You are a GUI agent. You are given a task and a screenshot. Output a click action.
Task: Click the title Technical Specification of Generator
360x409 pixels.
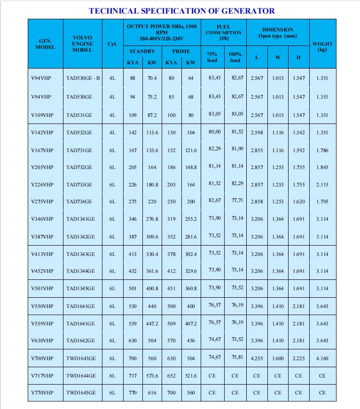pos(182,11)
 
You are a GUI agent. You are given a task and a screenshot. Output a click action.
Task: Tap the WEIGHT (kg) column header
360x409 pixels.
pos(322,46)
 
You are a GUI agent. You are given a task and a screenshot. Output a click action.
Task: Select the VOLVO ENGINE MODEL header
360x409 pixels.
pos(83,44)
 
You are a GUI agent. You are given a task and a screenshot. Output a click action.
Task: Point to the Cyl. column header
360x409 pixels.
pos(112,44)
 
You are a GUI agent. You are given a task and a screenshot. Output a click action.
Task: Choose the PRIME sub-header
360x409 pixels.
pos(181,51)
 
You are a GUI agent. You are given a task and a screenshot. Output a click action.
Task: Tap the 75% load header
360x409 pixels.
pos(212,57)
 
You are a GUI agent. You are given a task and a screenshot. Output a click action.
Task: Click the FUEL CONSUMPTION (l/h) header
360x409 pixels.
pos(224,32)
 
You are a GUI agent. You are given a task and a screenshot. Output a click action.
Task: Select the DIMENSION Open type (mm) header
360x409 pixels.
pos(277,32)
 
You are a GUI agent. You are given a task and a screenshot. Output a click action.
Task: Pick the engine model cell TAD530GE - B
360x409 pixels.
pos(83,78)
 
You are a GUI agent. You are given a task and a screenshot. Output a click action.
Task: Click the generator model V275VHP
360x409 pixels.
pos(42,201)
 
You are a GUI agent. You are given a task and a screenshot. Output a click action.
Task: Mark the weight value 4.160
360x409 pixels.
pos(322,358)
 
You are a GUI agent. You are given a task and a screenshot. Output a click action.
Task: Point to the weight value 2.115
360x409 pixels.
pos(322,185)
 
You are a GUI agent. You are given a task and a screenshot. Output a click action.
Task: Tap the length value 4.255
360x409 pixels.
pos(257,358)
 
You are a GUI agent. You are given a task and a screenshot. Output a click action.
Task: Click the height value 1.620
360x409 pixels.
pos(298,202)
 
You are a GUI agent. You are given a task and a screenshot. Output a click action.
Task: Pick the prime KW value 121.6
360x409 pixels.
pos(191,151)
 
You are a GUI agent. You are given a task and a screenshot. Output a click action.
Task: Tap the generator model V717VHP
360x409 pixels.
pos(42,376)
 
